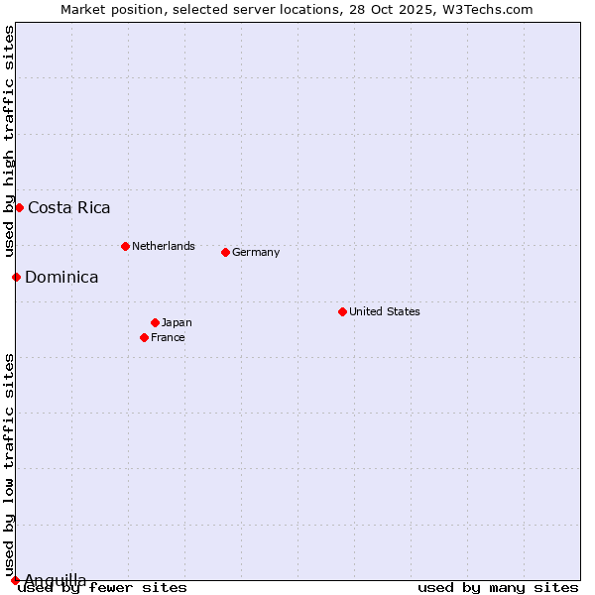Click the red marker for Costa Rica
(x=19, y=207)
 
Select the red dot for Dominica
(x=16, y=277)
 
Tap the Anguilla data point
(x=15, y=580)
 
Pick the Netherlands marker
(x=125, y=246)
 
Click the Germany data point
(x=225, y=252)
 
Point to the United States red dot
(x=342, y=311)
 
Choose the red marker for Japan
(x=155, y=322)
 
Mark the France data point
(x=144, y=337)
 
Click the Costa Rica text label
(x=69, y=208)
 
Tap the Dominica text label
(x=61, y=278)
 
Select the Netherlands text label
(x=164, y=246)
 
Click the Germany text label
(x=256, y=252)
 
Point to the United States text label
(x=385, y=311)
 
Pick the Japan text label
(x=177, y=322)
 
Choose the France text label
(x=168, y=337)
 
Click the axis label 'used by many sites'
(x=498, y=588)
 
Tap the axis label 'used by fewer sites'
(x=102, y=588)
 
